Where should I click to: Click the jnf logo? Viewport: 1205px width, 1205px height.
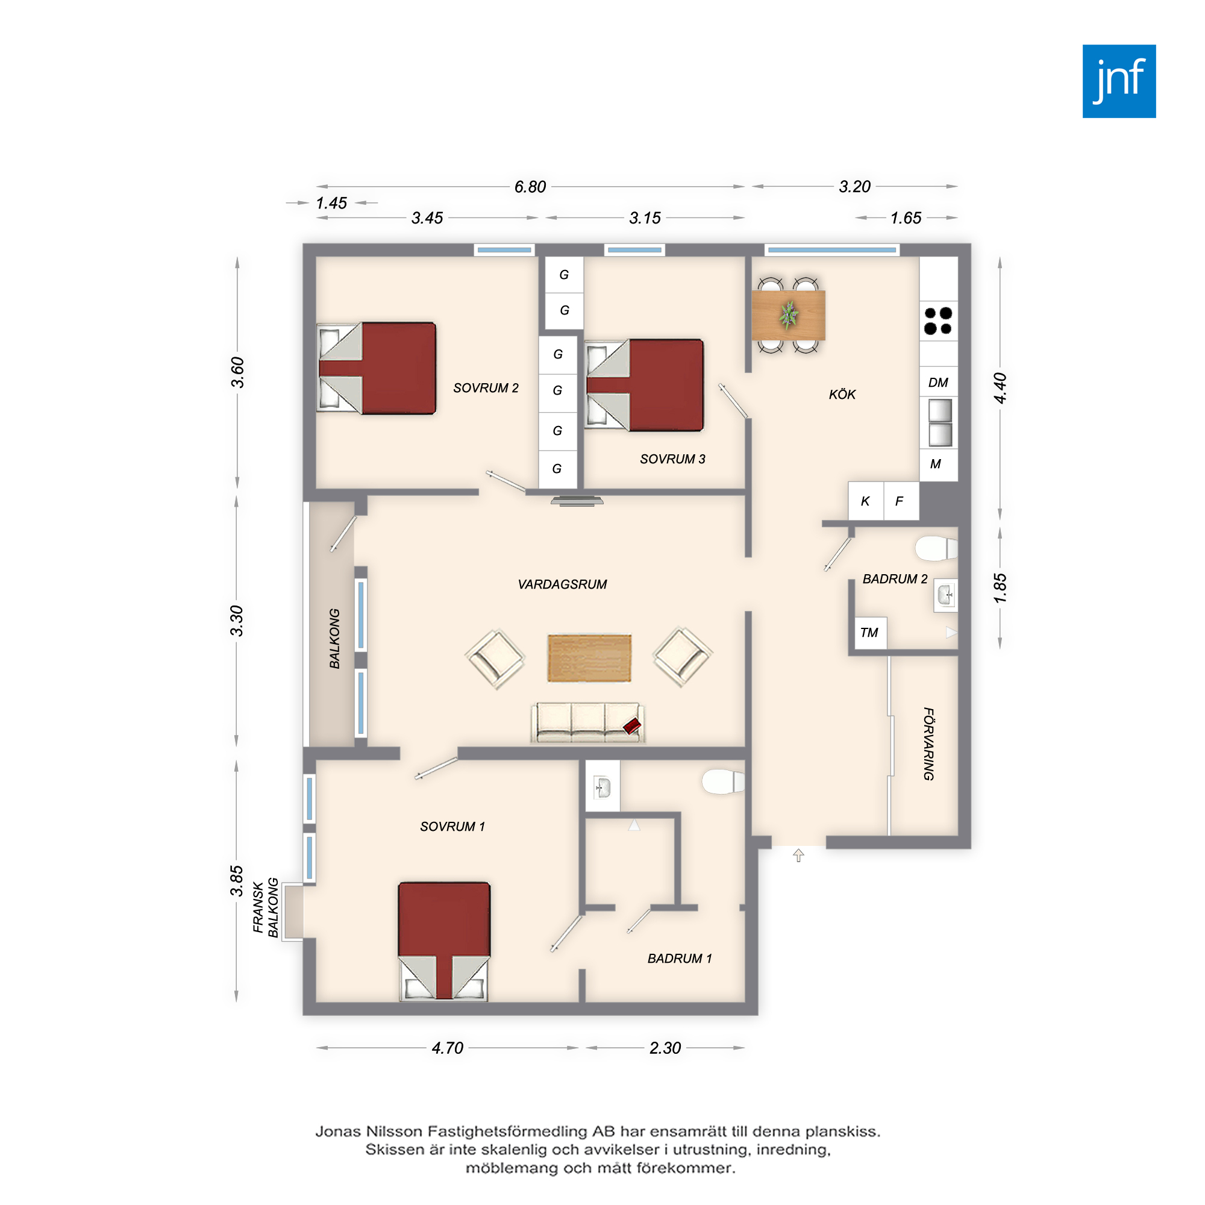(1119, 81)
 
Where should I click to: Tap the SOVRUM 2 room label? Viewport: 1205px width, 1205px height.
(486, 388)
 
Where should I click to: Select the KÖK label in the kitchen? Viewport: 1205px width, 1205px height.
(842, 394)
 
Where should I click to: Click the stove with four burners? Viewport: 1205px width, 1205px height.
(938, 321)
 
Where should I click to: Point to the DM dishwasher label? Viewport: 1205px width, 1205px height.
(938, 383)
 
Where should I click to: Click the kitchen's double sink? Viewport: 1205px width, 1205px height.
(940, 423)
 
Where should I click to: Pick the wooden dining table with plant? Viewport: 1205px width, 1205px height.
(788, 315)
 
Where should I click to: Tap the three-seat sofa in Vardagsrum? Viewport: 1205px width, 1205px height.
(587, 723)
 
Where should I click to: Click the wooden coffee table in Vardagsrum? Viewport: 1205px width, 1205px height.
(589, 658)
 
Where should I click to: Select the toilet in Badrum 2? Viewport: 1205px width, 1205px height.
(936, 548)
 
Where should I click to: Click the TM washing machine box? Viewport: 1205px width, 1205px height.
(869, 633)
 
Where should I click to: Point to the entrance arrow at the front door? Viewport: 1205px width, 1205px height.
(798, 855)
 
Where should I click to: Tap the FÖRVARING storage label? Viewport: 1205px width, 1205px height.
(928, 743)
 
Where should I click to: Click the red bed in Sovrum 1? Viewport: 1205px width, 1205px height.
(444, 941)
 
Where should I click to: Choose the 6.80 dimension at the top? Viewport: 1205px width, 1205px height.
(530, 187)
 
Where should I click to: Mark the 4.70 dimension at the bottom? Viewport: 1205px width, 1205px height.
(447, 1048)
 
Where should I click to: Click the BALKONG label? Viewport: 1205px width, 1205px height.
(334, 638)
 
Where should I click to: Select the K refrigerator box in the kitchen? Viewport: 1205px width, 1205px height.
(866, 501)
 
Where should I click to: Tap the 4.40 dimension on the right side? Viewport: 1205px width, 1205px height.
(1000, 388)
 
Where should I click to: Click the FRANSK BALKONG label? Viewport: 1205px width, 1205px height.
(266, 907)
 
